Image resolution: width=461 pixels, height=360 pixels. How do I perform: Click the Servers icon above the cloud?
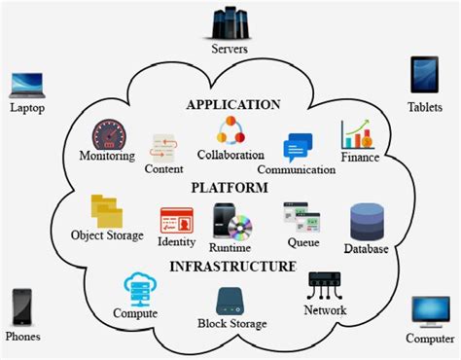pos(230,20)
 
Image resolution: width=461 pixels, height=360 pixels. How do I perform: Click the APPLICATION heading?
pos(232,104)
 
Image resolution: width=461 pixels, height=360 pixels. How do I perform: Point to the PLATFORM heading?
pos(230,188)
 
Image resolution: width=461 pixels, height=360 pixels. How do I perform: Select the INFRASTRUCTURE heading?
pos(232,266)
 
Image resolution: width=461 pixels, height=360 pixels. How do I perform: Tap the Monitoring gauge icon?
pos(109,134)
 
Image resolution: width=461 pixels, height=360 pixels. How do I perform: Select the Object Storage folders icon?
pos(106,211)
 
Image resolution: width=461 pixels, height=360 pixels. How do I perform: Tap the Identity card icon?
pos(176,220)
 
